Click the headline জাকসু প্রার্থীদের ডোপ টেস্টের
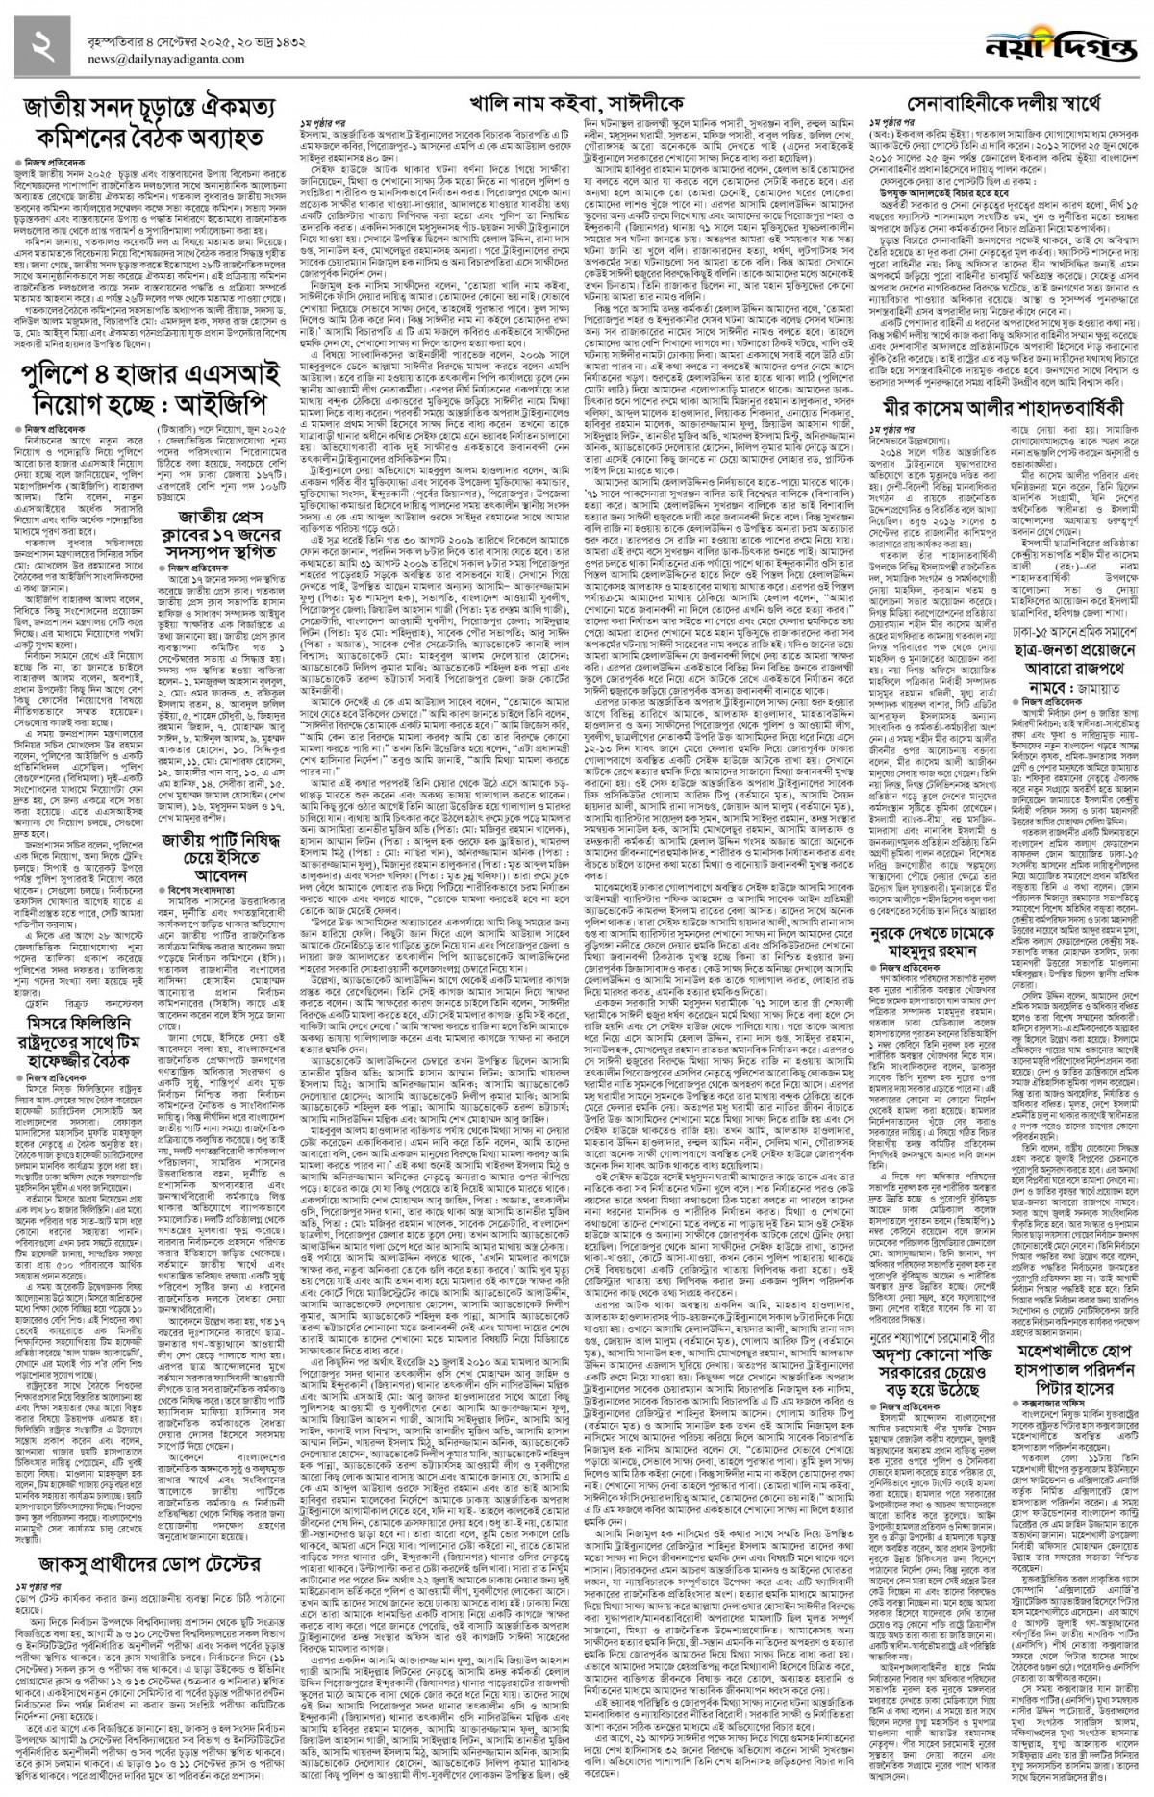[144, 1482]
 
